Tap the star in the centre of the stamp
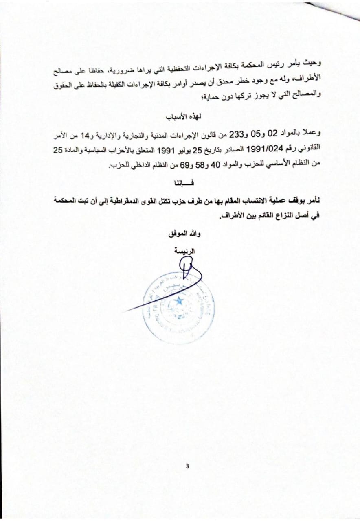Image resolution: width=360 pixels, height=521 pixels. pos(178,302)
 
